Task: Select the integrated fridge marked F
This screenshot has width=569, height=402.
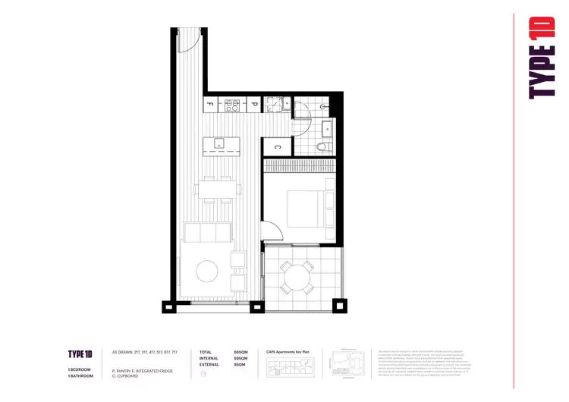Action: (210, 105)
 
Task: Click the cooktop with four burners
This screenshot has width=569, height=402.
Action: (232, 105)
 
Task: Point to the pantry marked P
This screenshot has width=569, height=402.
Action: (255, 105)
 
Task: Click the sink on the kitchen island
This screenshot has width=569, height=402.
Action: (219, 143)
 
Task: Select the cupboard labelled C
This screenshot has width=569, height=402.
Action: (277, 148)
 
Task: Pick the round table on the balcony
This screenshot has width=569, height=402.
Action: (297, 275)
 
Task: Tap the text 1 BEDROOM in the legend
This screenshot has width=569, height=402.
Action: (80, 369)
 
